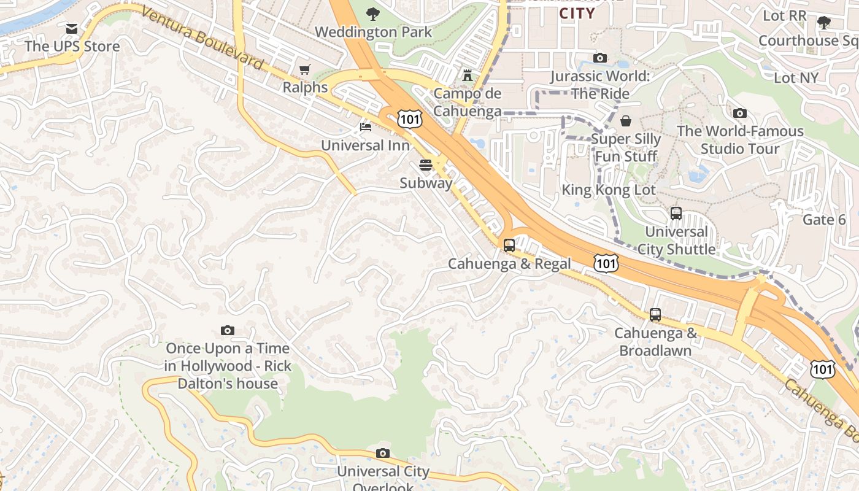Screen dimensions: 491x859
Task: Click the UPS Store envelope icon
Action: point(72,29)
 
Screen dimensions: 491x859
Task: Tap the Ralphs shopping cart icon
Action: point(304,70)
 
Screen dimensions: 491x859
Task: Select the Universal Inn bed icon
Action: point(365,127)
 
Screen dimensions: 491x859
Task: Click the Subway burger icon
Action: point(426,164)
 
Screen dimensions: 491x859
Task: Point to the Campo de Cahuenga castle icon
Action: point(468,75)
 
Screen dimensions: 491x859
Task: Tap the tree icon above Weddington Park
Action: point(372,14)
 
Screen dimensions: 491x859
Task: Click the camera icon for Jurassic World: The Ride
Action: point(599,58)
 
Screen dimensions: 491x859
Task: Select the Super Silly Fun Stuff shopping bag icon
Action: point(625,121)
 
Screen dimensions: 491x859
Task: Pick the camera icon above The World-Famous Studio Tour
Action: point(739,113)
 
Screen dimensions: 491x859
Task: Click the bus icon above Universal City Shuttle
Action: point(676,214)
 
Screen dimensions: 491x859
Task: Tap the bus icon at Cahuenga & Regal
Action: point(509,245)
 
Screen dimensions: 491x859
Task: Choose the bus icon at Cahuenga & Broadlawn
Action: point(655,315)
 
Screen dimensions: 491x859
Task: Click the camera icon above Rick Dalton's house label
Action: point(227,330)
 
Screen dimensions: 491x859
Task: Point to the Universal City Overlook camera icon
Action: point(383,454)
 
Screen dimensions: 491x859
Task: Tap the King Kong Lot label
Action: point(609,190)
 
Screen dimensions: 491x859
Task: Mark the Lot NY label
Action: point(796,78)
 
